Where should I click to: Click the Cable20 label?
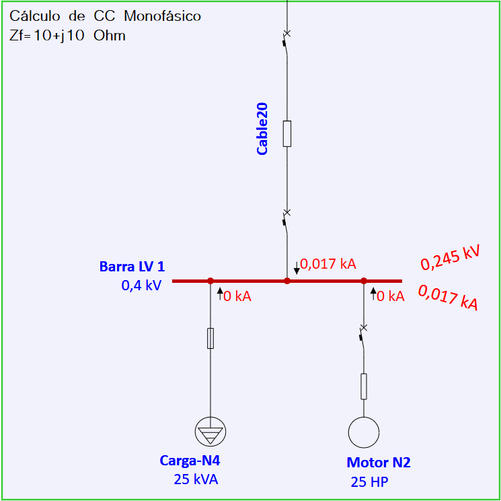click(262, 129)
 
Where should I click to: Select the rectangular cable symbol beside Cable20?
click(287, 134)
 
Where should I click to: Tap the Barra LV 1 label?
click(132, 267)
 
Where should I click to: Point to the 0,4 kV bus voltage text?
click(141, 285)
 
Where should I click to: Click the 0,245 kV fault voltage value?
click(450, 259)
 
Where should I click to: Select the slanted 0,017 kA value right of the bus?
click(449, 298)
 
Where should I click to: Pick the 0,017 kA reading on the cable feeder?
click(328, 264)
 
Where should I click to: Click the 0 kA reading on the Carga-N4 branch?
click(237, 296)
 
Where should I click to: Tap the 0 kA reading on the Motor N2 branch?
click(391, 296)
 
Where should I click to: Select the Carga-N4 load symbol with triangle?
click(210, 432)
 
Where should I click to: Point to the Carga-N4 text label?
click(190, 461)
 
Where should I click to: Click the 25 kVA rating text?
click(196, 479)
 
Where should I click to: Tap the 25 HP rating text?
click(370, 482)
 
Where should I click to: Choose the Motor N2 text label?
click(379, 463)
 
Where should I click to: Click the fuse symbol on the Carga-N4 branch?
click(210, 338)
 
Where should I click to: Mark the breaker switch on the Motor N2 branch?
click(363, 337)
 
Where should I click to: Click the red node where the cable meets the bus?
click(287, 281)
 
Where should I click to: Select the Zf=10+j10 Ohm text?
click(67, 36)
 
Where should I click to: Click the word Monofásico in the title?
click(163, 16)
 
